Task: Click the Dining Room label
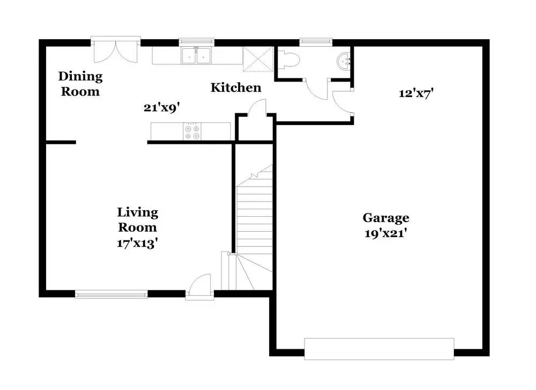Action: [x=80, y=84]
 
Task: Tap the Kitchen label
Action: [x=236, y=87]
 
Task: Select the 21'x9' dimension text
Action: [x=161, y=107]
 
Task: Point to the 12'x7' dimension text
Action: [x=416, y=93]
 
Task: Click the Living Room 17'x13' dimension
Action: [x=137, y=242]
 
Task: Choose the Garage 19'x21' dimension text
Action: [x=386, y=233]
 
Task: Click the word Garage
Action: [x=386, y=218]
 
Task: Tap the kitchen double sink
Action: [x=197, y=56]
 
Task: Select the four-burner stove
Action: [x=192, y=131]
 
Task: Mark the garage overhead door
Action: [x=379, y=348]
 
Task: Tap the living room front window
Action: [x=111, y=293]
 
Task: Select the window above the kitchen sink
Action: [x=197, y=41]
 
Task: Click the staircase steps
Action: [x=255, y=215]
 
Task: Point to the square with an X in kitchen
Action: [x=258, y=58]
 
